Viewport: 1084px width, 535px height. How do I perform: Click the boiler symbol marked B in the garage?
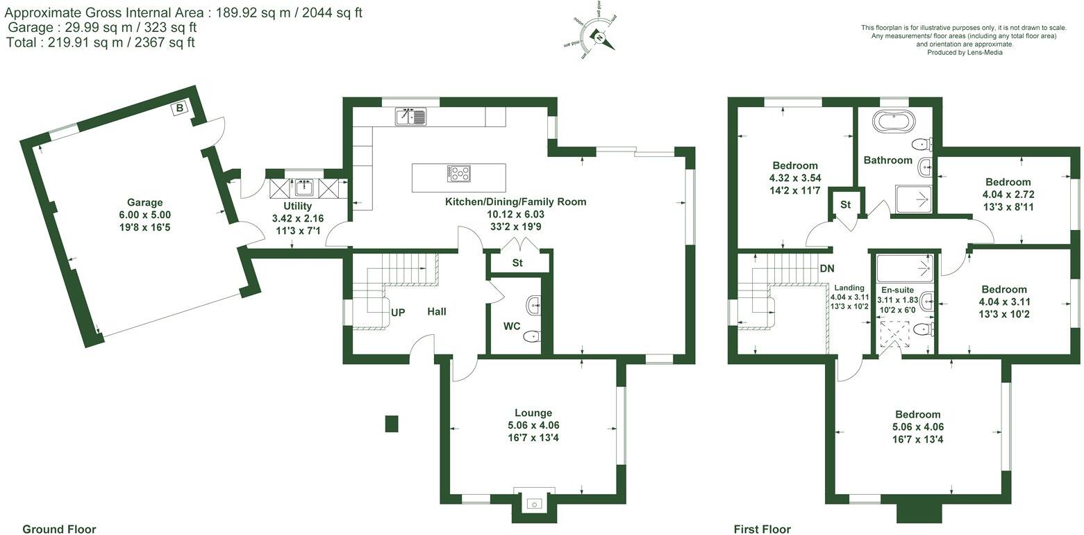(x=179, y=108)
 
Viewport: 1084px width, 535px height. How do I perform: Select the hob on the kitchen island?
(x=458, y=174)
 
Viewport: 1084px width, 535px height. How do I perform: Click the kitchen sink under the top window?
(x=413, y=117)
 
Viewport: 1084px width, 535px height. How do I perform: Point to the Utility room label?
(x=297, y=206)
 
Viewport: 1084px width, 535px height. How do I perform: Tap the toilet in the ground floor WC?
(x=531, y=336)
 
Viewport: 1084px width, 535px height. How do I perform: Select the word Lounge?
(x=533, y=413)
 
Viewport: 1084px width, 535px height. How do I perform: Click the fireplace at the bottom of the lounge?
(x=534, y=503)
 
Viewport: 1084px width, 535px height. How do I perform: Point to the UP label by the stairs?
(x=398, y=313)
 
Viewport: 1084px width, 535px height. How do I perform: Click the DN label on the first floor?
(x=826, y=269)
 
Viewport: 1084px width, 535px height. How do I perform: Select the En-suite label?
(x=899, y=290)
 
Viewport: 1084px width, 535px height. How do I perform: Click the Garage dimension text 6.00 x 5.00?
(x=144, y=215)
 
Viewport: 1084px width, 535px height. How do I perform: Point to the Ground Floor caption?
(x=59, y=529)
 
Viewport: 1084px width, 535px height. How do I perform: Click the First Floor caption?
(x=762, y=529)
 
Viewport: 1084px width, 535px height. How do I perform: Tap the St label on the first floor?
(x=845, y=205)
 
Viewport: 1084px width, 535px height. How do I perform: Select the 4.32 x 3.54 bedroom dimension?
(x=795, y=178)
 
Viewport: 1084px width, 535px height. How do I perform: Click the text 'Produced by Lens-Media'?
(x=965, y=52)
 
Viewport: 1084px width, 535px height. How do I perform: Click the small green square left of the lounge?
(x=392, y=423)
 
